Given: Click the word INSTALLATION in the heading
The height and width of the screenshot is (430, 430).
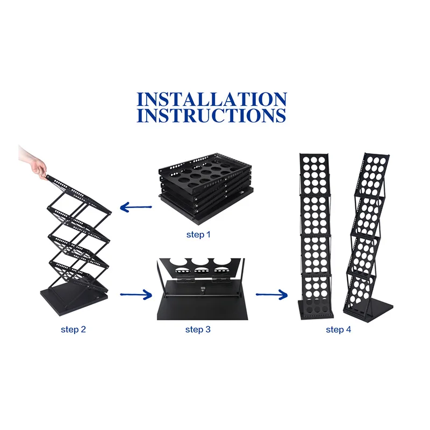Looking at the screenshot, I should coord(212,99).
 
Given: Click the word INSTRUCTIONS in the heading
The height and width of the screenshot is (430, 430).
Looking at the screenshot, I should coord(212,116).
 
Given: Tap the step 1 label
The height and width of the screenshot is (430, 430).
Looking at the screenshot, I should coord(198,235).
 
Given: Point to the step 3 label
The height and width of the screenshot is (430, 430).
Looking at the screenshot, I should coord(198,329).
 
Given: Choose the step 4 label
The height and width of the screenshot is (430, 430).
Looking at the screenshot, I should coord(339,329).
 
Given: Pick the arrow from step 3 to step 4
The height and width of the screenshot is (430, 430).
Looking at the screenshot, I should coord(270,294).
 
